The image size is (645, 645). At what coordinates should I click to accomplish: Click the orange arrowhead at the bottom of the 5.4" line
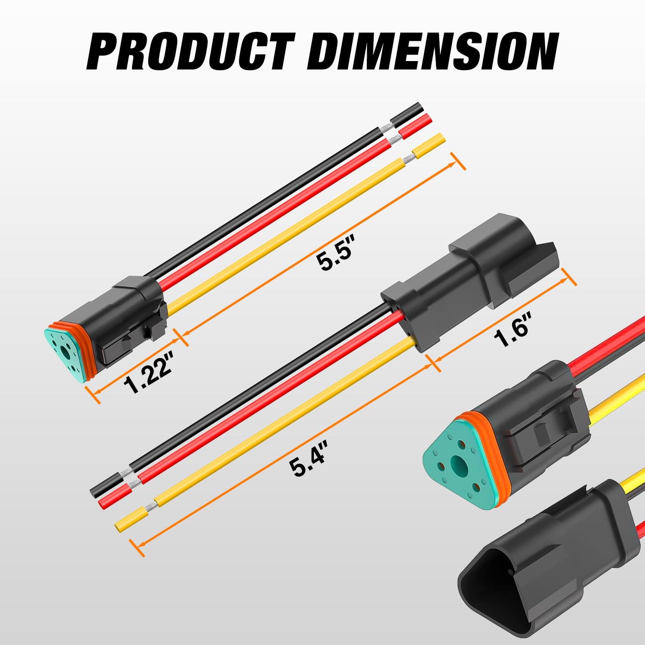pos(137,542)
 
